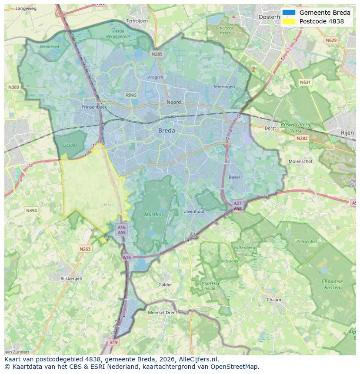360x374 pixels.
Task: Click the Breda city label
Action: click(167, 130)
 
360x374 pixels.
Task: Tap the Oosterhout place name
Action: click(273, 17)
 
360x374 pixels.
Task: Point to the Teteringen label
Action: click(224, 86)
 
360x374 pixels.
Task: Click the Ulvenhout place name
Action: click(194, 211)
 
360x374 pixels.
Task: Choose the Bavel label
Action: click(234, 177)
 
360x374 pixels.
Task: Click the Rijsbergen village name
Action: click(71, 278)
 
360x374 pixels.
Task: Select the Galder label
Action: click(165, 285)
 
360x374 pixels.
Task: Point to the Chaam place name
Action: click(274, 300)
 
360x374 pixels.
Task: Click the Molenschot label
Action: click(300, 162)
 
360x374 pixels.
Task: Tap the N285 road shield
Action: click(157, 54)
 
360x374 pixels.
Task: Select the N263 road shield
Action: click(85, 249)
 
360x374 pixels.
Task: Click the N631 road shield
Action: click(306, 82)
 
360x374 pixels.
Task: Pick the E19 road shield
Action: click(114, 342)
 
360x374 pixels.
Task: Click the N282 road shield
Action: click(301, 138)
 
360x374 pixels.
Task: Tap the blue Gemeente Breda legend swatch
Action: click(288, 13)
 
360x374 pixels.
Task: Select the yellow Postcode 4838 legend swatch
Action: click(288, 21)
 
